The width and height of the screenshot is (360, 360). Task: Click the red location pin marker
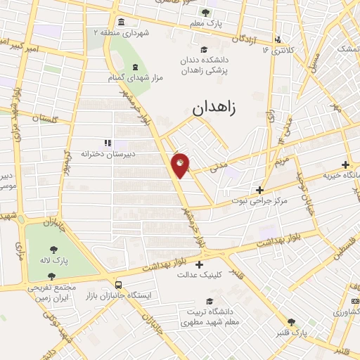click(x=181, y=165)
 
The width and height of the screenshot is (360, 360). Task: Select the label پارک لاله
click(x=54, y=260)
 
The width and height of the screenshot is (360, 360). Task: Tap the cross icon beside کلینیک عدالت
click(x=200, y=265)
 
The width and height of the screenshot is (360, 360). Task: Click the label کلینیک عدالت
click(x=200, y=276)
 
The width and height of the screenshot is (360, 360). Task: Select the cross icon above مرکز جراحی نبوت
click(x=259, y=190)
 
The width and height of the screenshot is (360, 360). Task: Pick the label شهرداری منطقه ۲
click(x=124, y=32)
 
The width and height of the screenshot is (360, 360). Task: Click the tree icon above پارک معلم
click(x=205, y=12)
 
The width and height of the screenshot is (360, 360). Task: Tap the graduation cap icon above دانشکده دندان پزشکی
click(x=204, y=49)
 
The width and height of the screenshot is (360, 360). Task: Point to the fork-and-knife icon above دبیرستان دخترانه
click(x=107, y=142)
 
